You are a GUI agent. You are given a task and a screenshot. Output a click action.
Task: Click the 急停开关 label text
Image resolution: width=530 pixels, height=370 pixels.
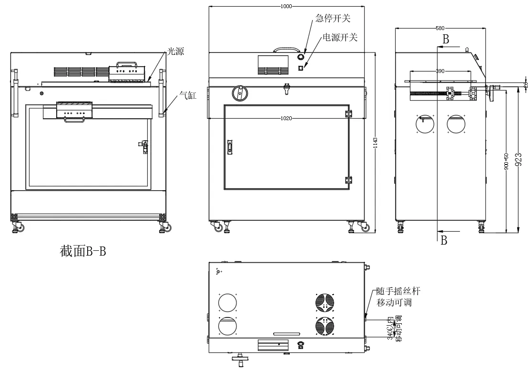[333, 19]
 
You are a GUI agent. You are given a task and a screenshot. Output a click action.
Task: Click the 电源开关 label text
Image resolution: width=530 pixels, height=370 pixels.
[340, 37]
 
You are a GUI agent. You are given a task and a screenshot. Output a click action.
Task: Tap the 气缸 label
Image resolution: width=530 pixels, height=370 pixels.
[188, 95]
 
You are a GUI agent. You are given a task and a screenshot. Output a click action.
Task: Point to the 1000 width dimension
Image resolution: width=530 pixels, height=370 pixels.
[286, 7]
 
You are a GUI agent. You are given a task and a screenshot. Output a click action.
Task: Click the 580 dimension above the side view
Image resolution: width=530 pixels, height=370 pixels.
[441, 28]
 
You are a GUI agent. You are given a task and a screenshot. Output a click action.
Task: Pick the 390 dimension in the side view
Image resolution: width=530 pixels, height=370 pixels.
[440, 71]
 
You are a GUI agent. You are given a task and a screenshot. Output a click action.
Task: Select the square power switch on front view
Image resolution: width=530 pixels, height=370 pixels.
[301, 68]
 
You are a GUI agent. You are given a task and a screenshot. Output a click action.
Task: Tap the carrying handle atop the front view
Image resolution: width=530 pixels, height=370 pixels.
[289, 49]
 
